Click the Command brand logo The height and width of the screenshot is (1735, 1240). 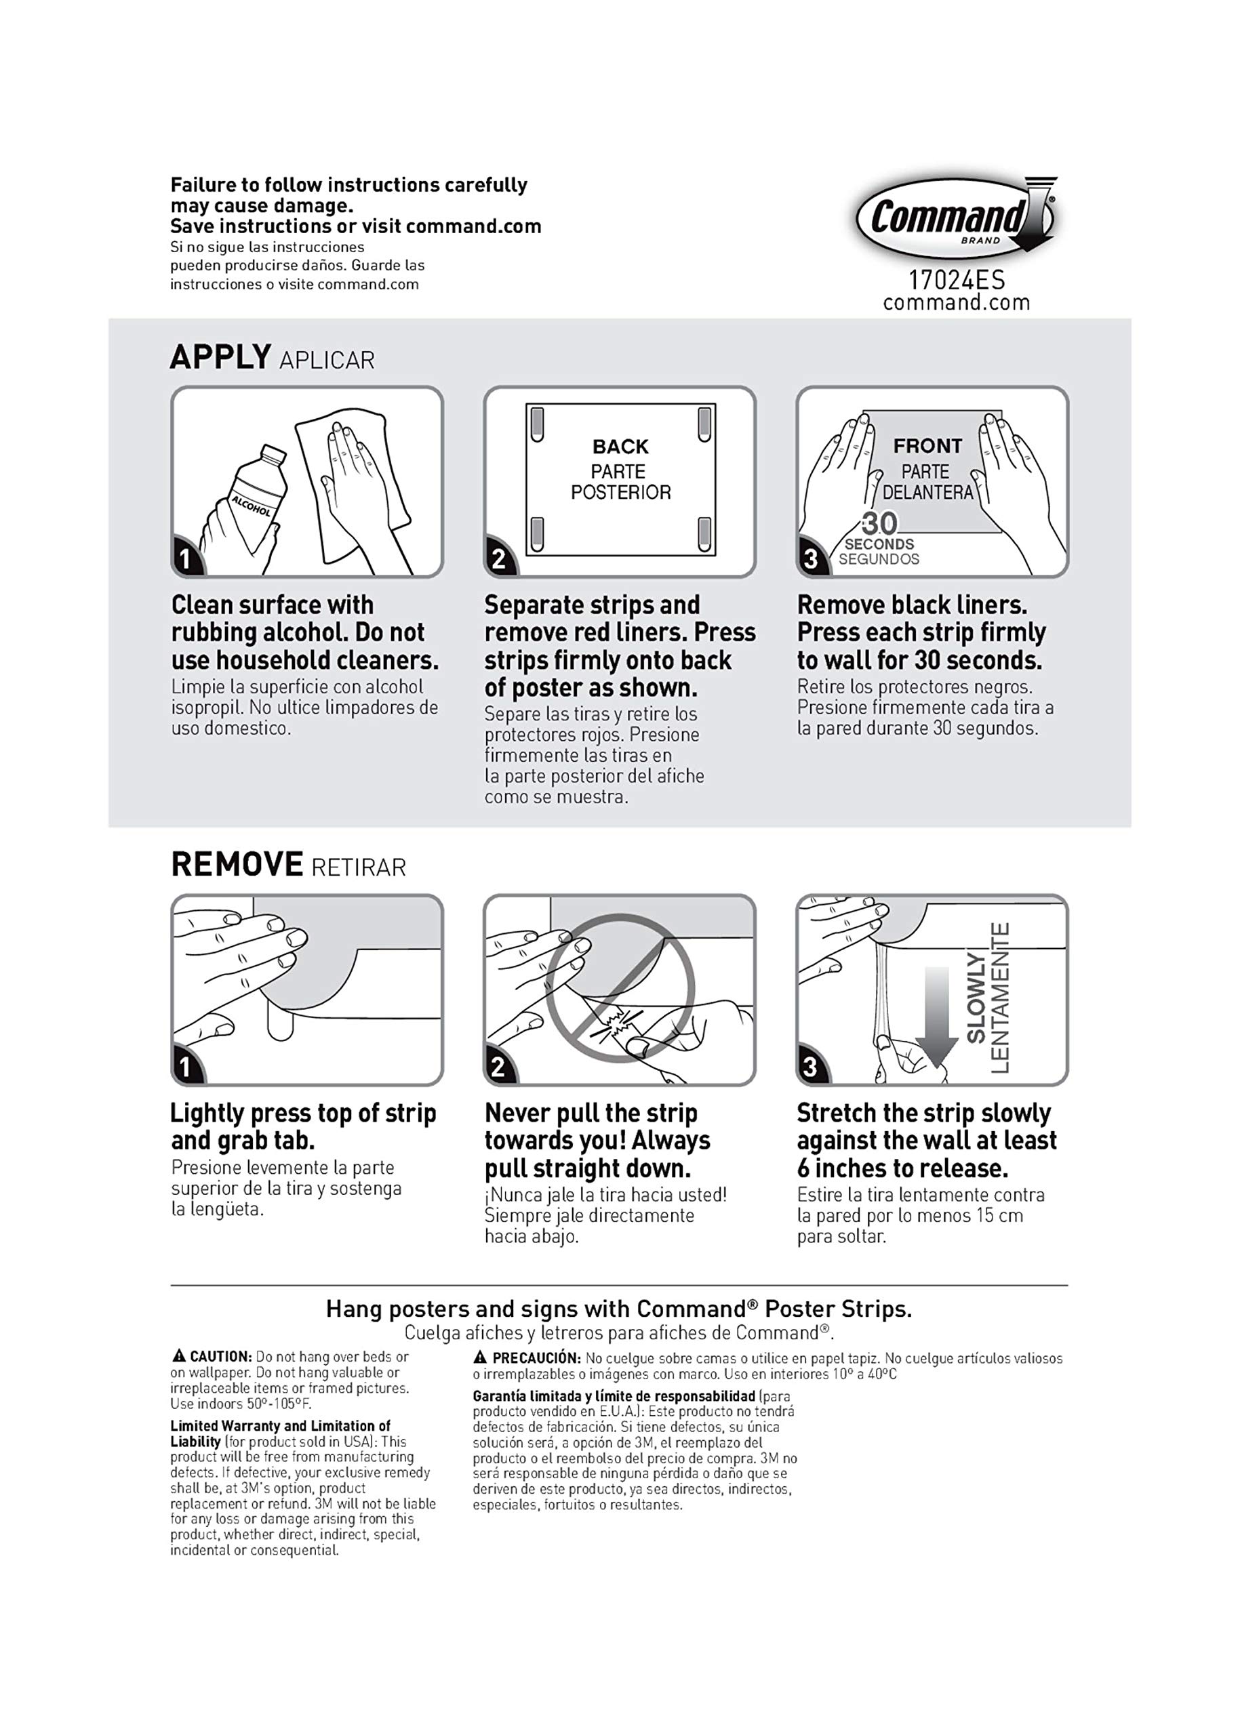(955, 218)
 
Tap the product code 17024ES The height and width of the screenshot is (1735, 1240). (956, 280)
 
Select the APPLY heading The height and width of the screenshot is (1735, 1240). (220, 357)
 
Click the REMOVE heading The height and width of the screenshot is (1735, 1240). (237, 865)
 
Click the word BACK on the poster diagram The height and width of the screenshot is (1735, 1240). (620, 447)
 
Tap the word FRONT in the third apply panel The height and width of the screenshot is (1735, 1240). (927, 446)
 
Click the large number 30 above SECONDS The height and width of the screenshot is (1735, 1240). (879, 524)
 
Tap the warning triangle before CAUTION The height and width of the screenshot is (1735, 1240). (179, 1356)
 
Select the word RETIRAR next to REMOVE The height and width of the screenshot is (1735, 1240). (359, 868)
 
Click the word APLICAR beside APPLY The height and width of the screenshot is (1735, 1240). (327, 361)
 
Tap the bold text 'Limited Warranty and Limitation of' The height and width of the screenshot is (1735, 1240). (280, 1426)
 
